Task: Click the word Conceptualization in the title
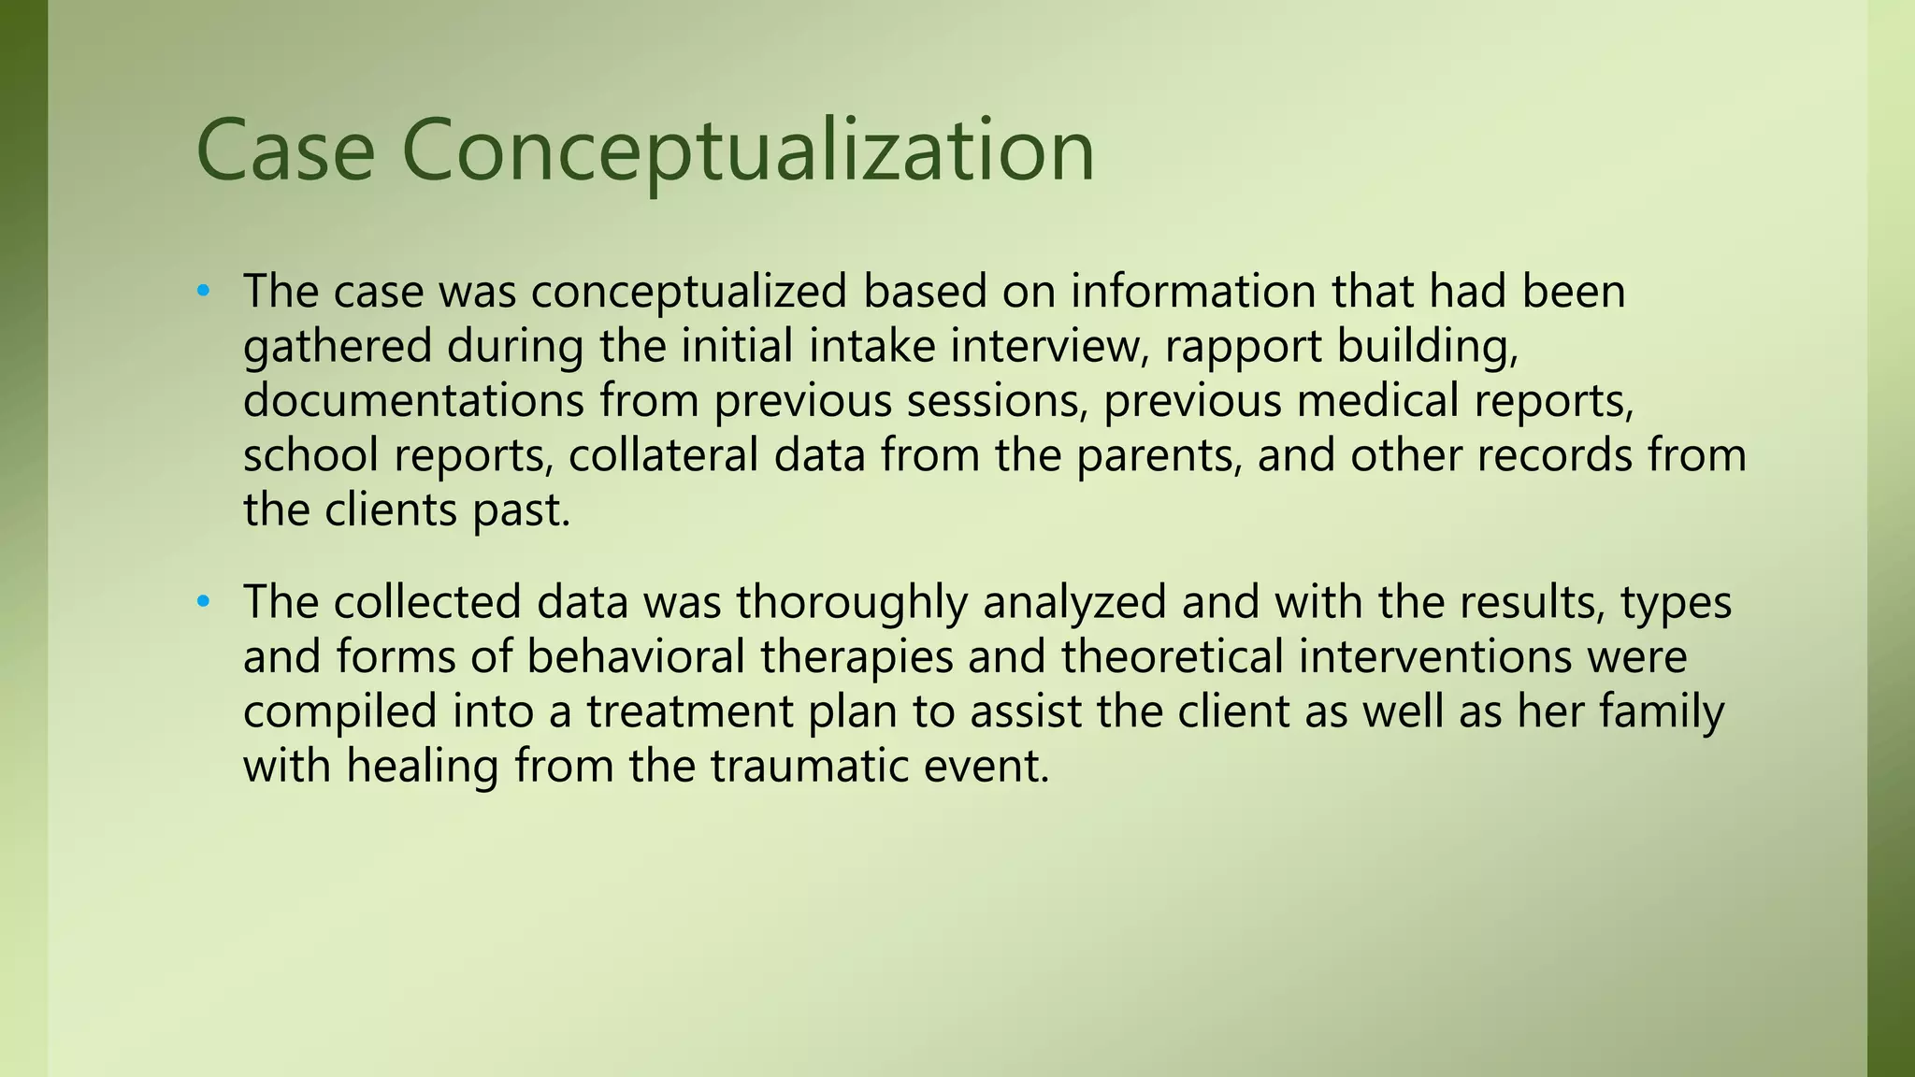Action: [x=748, y=152]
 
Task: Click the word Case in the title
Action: [x=285, y=152]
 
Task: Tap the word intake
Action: [x=871, y=347]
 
